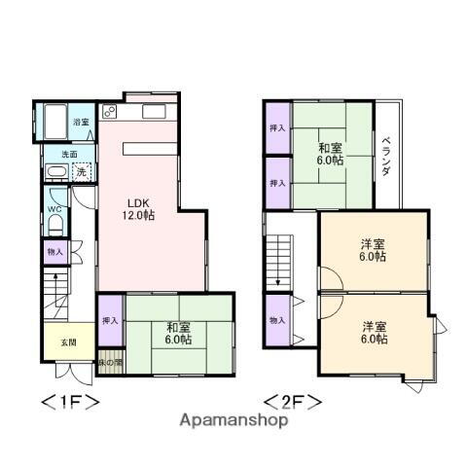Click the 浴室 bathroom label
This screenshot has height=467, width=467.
coord(82,122)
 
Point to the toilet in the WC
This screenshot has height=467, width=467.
coord(54,224)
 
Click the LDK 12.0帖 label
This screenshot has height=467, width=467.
coord(137,209)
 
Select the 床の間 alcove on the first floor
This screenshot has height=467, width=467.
coord(109,362)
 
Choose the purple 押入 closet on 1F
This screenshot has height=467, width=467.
coord(109,320)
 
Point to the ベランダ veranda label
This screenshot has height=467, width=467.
coord(385,155)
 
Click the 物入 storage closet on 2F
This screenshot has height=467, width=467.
coord(277,320)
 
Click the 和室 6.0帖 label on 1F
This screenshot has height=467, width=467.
coord(179,333)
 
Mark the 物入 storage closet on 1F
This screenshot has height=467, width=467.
coord(54,252)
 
